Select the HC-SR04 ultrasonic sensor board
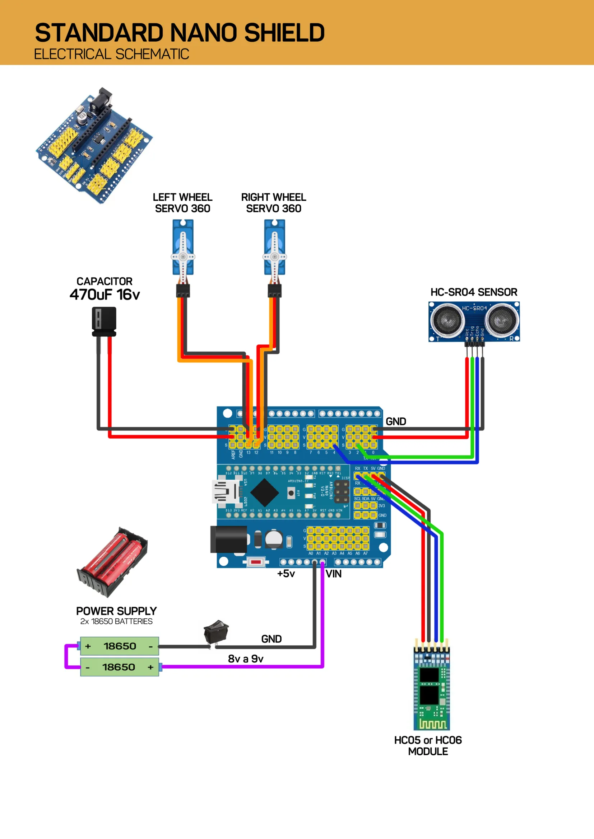point(474,321)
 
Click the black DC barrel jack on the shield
point(229,539)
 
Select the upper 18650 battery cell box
point(120,646)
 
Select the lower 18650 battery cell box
point(120,667)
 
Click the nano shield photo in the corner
point(94,146)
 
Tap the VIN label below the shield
point(334,574)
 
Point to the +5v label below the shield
point(286,574)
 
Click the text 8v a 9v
point(245,659)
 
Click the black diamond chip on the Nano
point(264,492)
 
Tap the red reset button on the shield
point(256,562)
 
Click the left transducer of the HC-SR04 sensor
point(447,320)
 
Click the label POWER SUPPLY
point(116,611)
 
